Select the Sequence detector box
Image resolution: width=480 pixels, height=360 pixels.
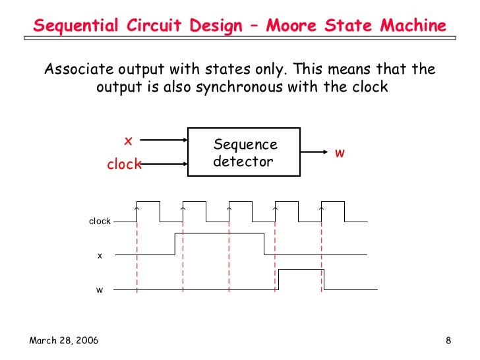coord(245,152)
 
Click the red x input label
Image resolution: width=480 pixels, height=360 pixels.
coord(129,140)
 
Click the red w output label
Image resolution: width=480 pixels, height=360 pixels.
coord(340,153)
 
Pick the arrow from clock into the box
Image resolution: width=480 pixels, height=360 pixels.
coord(165,164)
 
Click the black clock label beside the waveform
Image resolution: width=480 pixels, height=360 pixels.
coord(100,222)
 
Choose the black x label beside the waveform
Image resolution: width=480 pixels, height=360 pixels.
coord(100,255)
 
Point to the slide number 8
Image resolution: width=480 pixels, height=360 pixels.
coord(448,340)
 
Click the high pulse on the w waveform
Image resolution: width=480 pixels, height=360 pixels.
coord(301,270)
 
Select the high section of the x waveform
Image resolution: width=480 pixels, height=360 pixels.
coord(219,233)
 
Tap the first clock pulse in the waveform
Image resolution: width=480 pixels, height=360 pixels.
coord(148,202)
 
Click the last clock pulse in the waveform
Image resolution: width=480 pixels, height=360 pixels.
coord(333,202)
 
